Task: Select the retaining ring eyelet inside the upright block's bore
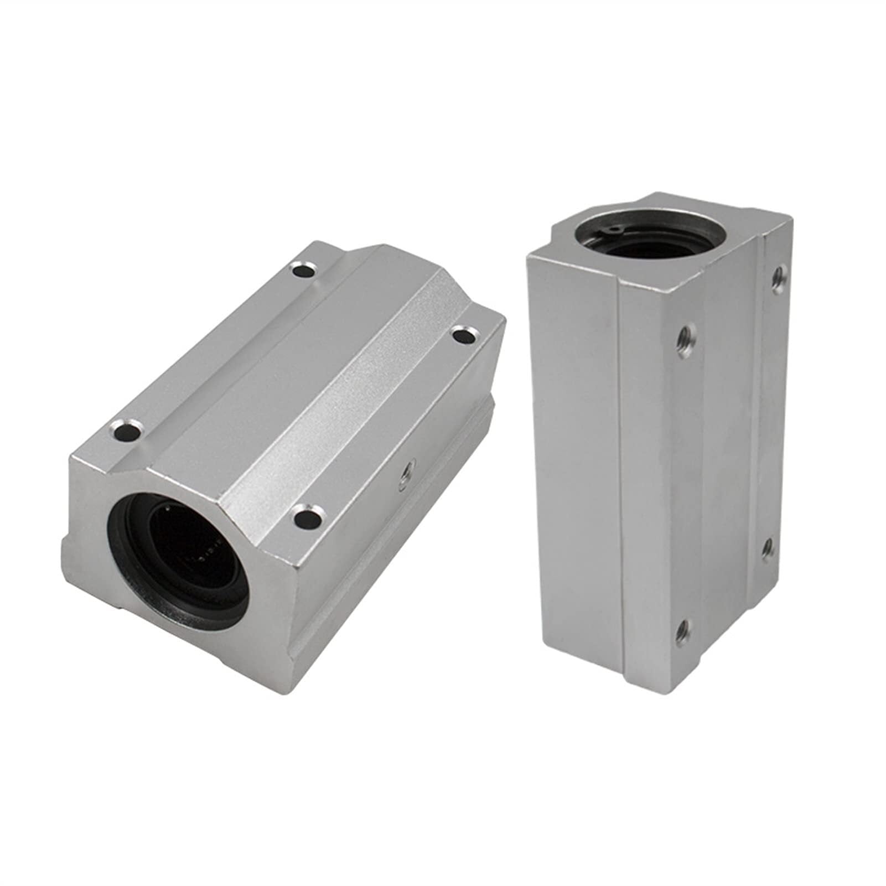click(609, 213)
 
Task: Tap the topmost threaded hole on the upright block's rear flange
click(778, 272)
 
